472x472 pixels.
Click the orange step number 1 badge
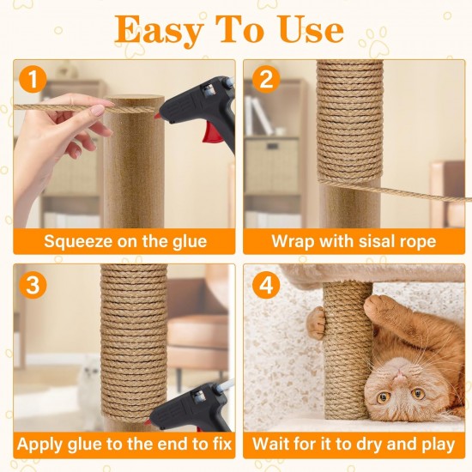(33, 79)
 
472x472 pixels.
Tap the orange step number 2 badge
(266, 79)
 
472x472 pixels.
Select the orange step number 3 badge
(33, 284)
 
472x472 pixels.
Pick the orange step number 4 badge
(266, 284)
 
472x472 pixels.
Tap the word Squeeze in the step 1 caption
(78, 242)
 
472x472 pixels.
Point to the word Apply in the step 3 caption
(40, 445)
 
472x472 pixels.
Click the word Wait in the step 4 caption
(271, 444)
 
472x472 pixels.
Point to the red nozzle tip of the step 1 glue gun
(156, 116)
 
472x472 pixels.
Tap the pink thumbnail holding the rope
(98, 111)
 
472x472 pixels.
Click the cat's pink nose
(400, 375)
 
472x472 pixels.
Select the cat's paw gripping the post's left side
(317, 322)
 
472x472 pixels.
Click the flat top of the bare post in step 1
(134, 100)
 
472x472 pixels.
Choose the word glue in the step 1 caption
(190, 242)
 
